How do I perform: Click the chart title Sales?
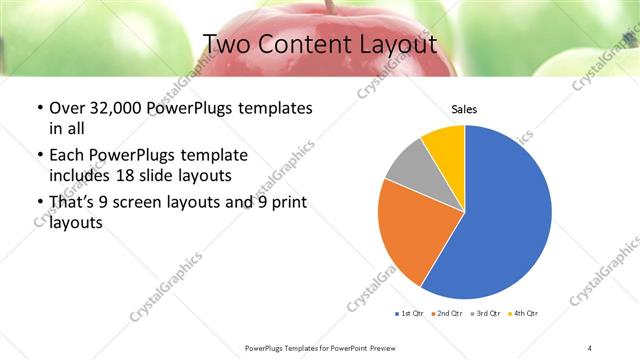click(x=464, y=108)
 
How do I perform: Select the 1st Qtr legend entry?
click(x=408, y=313)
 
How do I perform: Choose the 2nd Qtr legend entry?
click(x=446, y=313)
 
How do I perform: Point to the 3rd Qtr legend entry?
click(x=485, y=313)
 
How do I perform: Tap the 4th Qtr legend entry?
click(x=524, y=313)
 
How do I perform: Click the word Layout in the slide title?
click(x=400, y=45)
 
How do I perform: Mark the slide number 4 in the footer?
click(x=590, y=347)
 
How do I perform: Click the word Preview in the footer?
click(x=385, y=347)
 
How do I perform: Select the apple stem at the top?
click(x=327, y=7)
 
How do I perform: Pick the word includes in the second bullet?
click(x=80, y=175)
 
